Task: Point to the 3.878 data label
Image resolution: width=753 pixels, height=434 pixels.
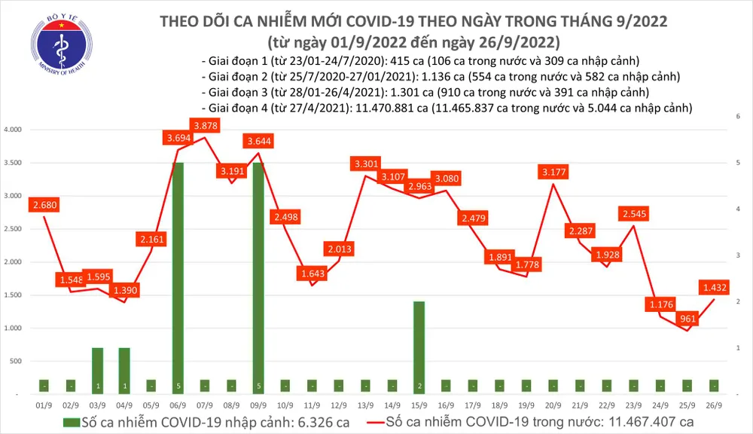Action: point(206,126)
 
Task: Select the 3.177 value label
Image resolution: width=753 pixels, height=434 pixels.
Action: point(553,173)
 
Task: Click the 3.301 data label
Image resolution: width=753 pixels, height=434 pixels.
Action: point(367,164)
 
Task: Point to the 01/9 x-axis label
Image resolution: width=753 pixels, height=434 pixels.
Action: point(44,405)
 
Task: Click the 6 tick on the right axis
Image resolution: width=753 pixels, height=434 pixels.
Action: point(738,116)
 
